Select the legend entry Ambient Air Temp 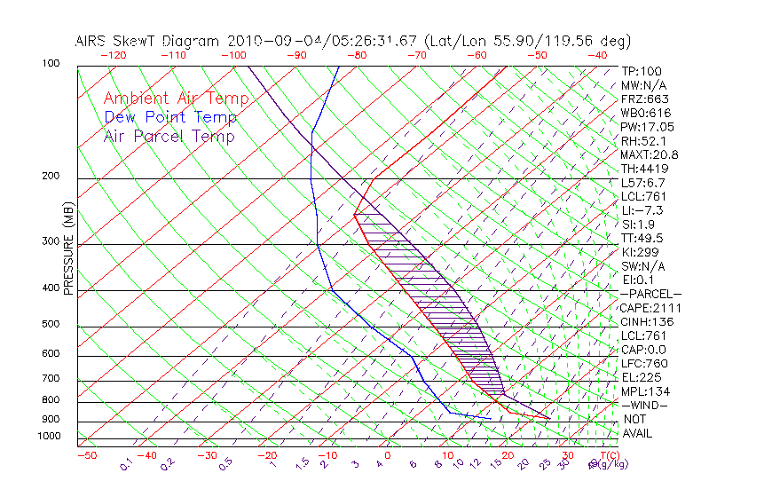click(176, 99)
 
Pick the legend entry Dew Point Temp click(170, 117)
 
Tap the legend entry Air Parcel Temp click(169, 136)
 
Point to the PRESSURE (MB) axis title click(68, 248)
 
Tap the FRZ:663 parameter click(644, 99)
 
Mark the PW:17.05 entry click(647, 127)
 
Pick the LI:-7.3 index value click(642, 210)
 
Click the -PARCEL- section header click(650, 294)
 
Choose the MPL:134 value click(644, 390)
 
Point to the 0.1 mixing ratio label click(126, 462)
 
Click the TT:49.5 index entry click(643, 238)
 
